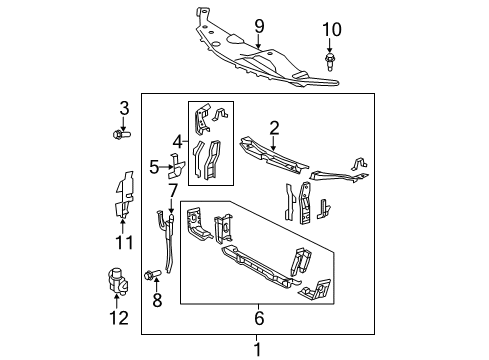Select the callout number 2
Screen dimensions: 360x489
(x=274, y=127)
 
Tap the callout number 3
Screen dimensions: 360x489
(x=124, y=108)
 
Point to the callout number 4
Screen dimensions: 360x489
(x=177, y=141)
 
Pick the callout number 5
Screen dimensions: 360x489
(x=154, y=167)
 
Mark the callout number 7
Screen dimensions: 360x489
(x=172, y=190)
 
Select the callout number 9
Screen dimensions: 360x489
(x=258, y=24)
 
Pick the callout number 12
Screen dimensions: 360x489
(x=120, y=318)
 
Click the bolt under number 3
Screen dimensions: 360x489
(x=123, y=133)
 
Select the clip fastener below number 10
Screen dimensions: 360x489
(x=331, y=64)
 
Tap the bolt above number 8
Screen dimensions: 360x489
(x=155, y=273)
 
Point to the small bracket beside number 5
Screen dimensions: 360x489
(x=174, y=166)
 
